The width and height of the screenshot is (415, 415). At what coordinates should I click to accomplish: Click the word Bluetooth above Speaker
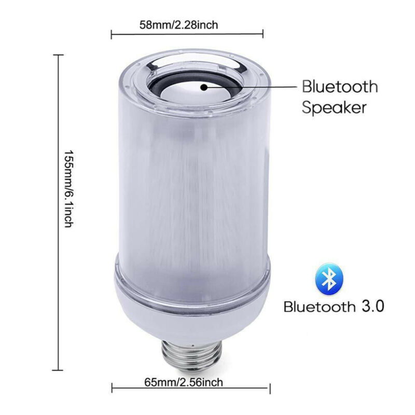tap(340, 86)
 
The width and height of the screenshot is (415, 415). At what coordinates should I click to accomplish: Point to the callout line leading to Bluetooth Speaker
tap(254, 87)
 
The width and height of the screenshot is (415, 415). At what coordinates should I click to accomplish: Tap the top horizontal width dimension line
tap(187, 35)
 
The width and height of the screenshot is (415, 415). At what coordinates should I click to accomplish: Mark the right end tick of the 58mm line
tap(263, 35)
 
